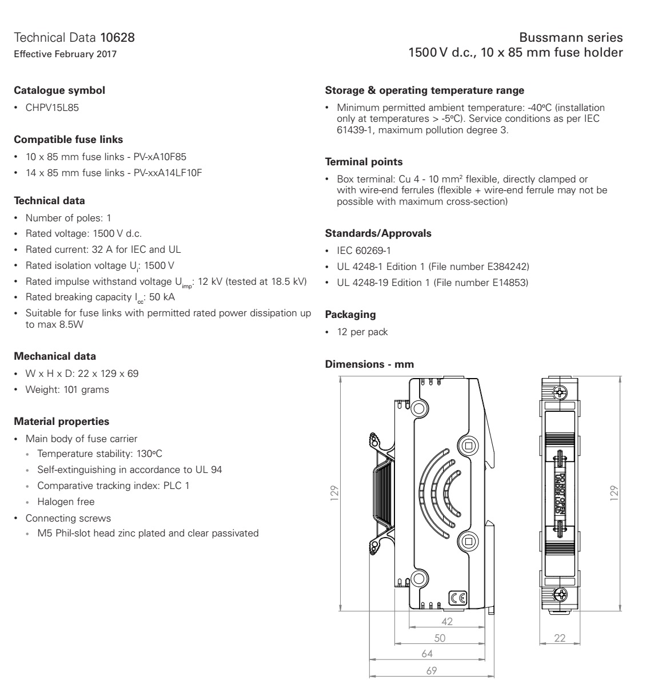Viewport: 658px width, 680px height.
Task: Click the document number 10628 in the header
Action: click(118, 38)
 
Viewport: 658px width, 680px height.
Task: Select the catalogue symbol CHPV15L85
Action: click(52, 108)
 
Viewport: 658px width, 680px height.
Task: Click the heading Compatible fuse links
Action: click(68, 140)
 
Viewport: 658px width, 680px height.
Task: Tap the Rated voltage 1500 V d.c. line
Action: click(83, 233)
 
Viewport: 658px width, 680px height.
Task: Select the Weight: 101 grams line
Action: click(67, 389)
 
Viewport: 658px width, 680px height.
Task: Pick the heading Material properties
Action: click(61, 421)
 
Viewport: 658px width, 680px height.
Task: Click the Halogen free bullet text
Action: click(66, 502)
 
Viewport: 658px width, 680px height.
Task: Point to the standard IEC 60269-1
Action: click(364, 250)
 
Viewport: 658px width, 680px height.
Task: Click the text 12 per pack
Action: click(362, 332)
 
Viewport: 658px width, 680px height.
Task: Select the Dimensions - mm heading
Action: click(369, 364)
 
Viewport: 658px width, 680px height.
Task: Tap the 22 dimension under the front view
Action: click(560, 638)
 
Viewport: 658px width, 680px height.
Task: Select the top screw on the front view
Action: click(561, 393)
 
